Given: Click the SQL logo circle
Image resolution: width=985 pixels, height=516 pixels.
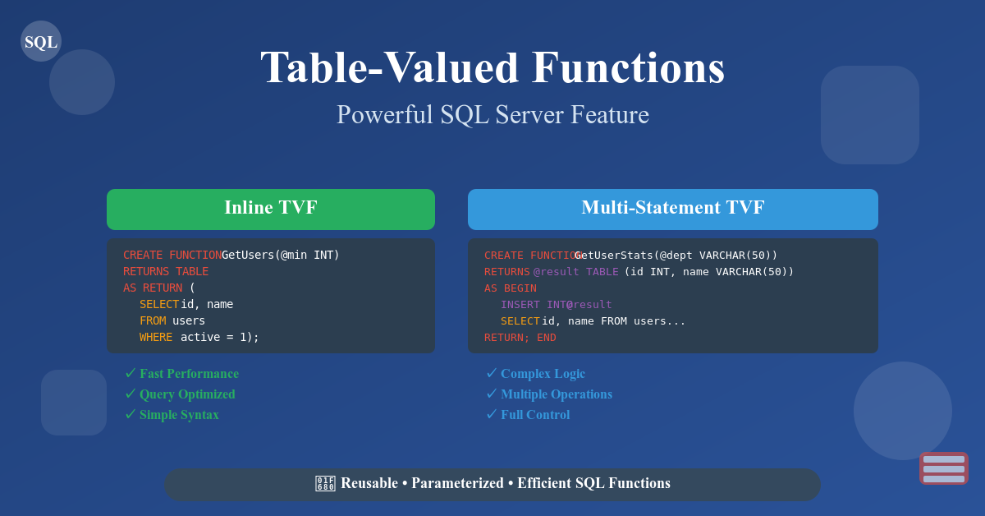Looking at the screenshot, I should click(x=41, y=41).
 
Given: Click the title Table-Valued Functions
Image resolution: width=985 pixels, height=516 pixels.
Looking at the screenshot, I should click(x=492, y=67).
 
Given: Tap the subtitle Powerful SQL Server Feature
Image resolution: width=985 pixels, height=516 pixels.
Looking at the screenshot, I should click(x=492, y=114).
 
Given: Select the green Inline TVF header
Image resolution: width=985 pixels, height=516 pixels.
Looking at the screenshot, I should click(x=271, y=209).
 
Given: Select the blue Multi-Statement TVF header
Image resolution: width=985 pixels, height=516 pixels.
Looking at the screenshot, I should click(x=673, y=209).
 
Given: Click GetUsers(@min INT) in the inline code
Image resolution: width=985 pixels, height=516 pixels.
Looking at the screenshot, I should click(x=281, y=255).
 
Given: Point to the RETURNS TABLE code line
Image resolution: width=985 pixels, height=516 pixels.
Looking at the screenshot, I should click(x=166, y=271).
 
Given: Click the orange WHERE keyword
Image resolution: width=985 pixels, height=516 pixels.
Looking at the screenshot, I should click(x=156, y=337).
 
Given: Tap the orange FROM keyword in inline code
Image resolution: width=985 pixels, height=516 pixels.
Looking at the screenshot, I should click(x=153, y=320).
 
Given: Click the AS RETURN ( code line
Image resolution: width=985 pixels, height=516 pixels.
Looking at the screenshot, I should click(x=159, y=288).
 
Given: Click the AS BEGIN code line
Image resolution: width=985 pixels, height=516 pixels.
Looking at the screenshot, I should click(x=510, y=288).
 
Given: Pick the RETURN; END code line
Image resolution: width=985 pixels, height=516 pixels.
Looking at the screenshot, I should click(x=520, y=337).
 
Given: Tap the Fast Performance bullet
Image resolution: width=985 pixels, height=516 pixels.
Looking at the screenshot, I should click(x=189, y=374).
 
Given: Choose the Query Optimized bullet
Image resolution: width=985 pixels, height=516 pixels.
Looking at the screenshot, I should click(x=187, y=394).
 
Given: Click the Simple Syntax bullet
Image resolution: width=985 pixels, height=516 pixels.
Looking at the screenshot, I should click(x=179, y=415).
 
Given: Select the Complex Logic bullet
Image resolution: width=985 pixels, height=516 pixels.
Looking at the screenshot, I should click(x=543, y=374).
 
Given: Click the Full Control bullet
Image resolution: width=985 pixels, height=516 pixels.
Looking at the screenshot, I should click(x=535, y=415).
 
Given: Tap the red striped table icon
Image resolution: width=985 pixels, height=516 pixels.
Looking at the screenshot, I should click(x=943, y=468).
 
